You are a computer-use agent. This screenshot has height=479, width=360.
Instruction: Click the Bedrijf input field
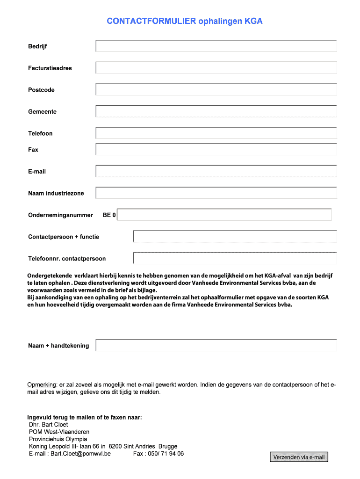[216, 46]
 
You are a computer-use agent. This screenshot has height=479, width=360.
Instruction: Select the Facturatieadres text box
[216, 68]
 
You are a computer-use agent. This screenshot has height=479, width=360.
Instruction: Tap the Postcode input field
[216, 89]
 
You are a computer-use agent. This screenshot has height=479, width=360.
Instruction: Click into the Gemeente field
[216, 111]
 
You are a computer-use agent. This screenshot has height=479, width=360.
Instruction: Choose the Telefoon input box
[216, 133]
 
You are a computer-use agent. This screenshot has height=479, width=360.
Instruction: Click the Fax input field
[216, 149]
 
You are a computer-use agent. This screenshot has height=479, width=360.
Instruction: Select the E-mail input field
[216, 171]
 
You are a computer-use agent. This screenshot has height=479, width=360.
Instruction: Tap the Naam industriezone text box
[216, 193]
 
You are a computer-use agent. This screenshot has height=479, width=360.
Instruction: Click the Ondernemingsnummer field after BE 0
[224, 215]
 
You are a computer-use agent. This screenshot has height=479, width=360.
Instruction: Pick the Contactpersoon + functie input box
[235, 236]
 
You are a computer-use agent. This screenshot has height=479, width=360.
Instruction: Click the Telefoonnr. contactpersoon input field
[235, 258]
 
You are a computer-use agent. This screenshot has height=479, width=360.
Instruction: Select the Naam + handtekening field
[216, 345]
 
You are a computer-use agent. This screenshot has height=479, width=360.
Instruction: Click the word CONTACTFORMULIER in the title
[151, 21]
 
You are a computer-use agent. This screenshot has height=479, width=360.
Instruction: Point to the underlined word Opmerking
[42, 385]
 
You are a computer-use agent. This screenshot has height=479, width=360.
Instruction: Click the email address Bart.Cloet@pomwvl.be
[80, 453]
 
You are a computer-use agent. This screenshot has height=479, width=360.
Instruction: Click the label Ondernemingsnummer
[60, 215]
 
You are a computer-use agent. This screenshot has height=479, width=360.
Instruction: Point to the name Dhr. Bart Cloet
[48, 424]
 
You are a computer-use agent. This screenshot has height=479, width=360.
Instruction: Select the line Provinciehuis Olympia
[58, 439]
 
